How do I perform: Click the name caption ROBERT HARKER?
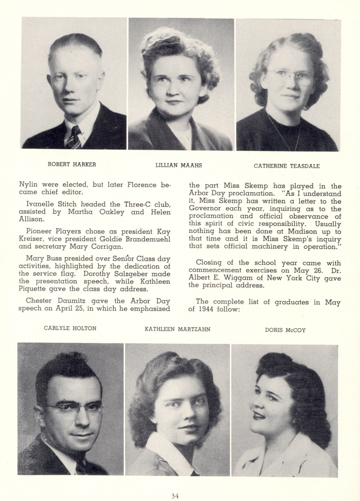pyautogui.click(x=72, y=164)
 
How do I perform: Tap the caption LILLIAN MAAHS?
pyautogui.click(x=179, y=165)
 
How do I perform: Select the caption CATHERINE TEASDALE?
pyautogui.click(x=287, y=166)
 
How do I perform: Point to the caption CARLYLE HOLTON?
pyautogui.click(x=70, y=328)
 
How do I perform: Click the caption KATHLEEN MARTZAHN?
pyautogui.click(x=177, y=329)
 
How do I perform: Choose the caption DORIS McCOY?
pyautogui.click(x=285, y=330)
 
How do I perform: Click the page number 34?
pyautogui.click(x=175, y=496)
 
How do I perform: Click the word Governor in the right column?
pyautogui.click(x=205, y=209)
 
